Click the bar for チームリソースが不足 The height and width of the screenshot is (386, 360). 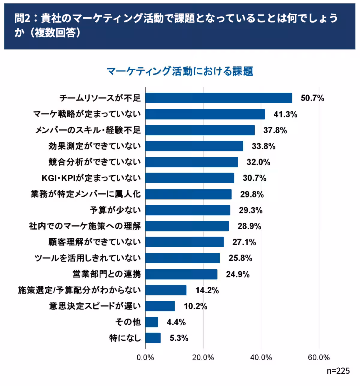[219, 98]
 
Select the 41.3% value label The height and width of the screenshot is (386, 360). [285, 114]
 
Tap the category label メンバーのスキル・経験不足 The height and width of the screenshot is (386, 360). [88, 130]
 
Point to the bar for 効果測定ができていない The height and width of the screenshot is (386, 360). [194, 146]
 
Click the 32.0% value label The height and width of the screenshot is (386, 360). [258, 162]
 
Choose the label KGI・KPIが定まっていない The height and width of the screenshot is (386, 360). [91, 178]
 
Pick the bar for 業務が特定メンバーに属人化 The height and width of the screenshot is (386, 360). [188, 194]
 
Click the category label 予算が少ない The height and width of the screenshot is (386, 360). [115, 210]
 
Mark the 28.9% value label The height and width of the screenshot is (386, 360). [249, 226]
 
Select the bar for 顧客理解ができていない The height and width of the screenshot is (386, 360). [184, 242]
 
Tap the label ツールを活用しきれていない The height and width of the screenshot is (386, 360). [88, 258]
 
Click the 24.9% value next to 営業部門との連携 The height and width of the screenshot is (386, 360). [238, 274]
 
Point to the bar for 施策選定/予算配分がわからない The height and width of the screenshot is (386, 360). [166, 290]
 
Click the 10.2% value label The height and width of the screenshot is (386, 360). [195, 306]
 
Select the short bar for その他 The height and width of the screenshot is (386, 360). [152, 322]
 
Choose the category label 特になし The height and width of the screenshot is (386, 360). [125, 338]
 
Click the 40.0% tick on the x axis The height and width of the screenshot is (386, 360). [261, 357]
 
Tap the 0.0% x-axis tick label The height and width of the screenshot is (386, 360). [145, 357]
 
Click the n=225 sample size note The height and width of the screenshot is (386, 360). [338, 371]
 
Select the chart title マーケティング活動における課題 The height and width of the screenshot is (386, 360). [180, 71]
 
